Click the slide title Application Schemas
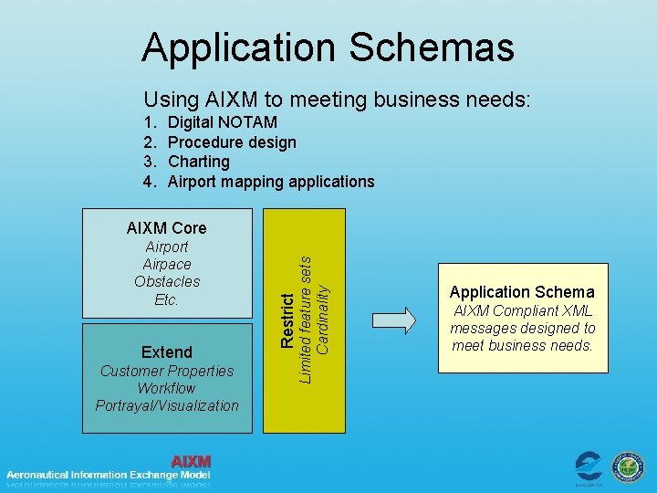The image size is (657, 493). point(328,47)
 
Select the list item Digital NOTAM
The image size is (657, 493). point(223,122)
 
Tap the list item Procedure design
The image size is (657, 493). point(232,142)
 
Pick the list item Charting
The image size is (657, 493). point(199,162)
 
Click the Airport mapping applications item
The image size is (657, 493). point(271,182)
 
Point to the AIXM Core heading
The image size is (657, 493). point(166,228)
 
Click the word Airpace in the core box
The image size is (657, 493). point(167,265)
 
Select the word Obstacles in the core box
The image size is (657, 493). point(167,282)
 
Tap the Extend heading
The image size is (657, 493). point(167,352)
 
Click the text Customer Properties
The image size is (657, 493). point(167,371)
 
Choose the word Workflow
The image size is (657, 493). point(167,388)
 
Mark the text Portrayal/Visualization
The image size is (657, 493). point(167,405)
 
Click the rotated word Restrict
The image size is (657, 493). point(287,320)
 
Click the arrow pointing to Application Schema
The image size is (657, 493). point(394,319)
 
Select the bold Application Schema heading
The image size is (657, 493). point(522,292)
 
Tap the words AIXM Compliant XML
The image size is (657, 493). point(522,310)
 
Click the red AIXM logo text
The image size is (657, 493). point(191,462)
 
